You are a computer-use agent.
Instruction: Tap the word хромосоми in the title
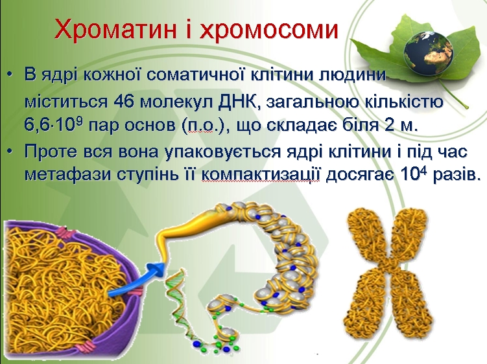pos(269,30)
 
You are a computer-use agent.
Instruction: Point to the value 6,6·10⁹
pos(53,125)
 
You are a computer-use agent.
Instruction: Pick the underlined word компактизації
pos(261,175)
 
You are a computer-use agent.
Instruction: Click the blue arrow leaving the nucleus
pos(138,278)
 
